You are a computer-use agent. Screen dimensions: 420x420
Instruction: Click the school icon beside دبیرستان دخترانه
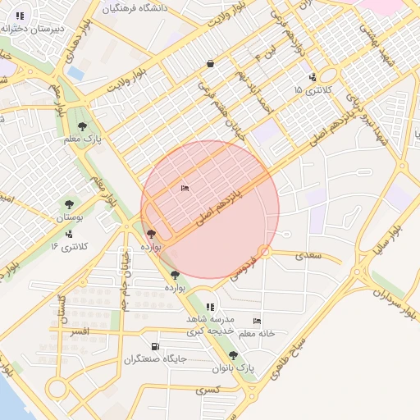pyautogui.click(x=20, y=15)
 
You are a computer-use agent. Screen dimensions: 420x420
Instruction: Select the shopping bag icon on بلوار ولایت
pyautogui.click(x=211, y=63)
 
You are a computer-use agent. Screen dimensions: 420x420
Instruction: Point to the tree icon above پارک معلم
pyautogui.click(x=82, y=126)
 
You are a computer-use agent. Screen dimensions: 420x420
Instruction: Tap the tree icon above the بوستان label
pyautogui.click(x=69, y=204)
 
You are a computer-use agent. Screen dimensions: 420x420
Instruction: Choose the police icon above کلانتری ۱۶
pyautogui.click(x=69, y=234)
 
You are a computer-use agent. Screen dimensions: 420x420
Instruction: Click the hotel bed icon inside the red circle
pyautogui.click(x=185, y=189)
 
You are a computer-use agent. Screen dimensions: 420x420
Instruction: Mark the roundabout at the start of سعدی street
pyautogui.click(x=264, y=251)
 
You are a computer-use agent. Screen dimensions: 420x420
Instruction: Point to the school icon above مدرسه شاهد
pyautogui.click(x=211, y=306)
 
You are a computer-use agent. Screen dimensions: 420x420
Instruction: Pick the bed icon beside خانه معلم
pyautogui.click(x=258, y=321)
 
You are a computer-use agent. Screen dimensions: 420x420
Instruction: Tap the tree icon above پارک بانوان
pyautogui.click(x=234, y=355)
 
